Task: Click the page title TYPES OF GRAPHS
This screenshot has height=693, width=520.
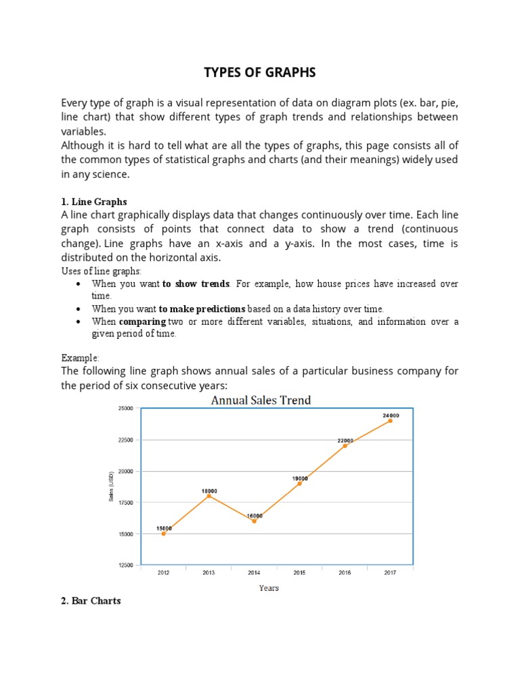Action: point(261,72)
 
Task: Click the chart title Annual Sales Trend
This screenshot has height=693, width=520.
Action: point(261,400)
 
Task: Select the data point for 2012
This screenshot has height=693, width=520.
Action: point(163,533)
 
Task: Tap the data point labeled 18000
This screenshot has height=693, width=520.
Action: point(209,495)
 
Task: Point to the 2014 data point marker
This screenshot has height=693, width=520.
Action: point(254,520)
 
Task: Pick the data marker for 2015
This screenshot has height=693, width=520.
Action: point(299,483)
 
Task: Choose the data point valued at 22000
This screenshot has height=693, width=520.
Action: point(345,445)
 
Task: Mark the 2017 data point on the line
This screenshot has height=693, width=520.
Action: point(390,420)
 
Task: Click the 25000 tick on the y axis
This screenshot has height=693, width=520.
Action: point(126,408)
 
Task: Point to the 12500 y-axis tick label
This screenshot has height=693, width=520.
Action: point(126,565)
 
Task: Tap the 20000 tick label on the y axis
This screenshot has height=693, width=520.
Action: point(126,471)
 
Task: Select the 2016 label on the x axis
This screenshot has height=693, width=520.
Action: point(345,573)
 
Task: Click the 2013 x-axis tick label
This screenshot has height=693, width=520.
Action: point(209,573)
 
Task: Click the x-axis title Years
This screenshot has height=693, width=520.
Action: point(268,588)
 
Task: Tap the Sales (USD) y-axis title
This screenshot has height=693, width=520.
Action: point(111,487)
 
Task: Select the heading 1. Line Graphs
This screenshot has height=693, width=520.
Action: point(94,202)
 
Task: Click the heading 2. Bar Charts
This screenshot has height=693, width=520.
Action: point(91,600)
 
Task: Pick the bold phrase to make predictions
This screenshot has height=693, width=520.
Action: point(202,309)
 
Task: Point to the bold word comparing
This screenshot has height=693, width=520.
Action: point(142,321)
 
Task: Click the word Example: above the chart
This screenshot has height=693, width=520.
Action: point(81,357)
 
